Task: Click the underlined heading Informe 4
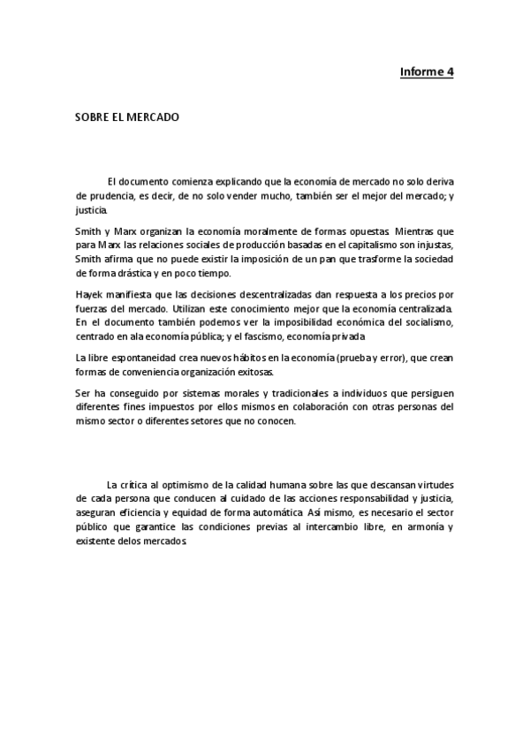click(x=426, y=72)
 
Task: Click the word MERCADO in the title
click(x=154, y=116)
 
